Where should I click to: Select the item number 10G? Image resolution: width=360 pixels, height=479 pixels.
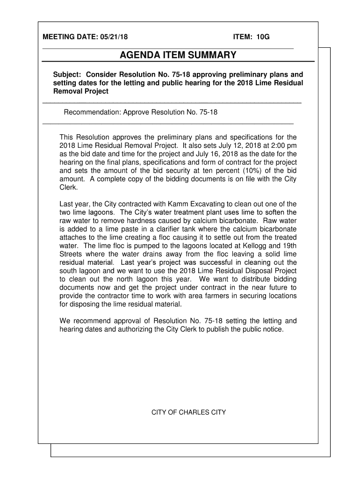pyautogui.click(x=262, y=36)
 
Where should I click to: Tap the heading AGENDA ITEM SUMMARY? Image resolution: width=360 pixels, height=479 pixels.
pyautogui.click(x=178, y=56)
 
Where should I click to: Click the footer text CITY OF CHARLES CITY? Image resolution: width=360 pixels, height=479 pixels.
pyautogui.click(x=188, y=412)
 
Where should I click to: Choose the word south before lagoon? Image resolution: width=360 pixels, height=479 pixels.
pyautogui.click(x=70, y=271)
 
